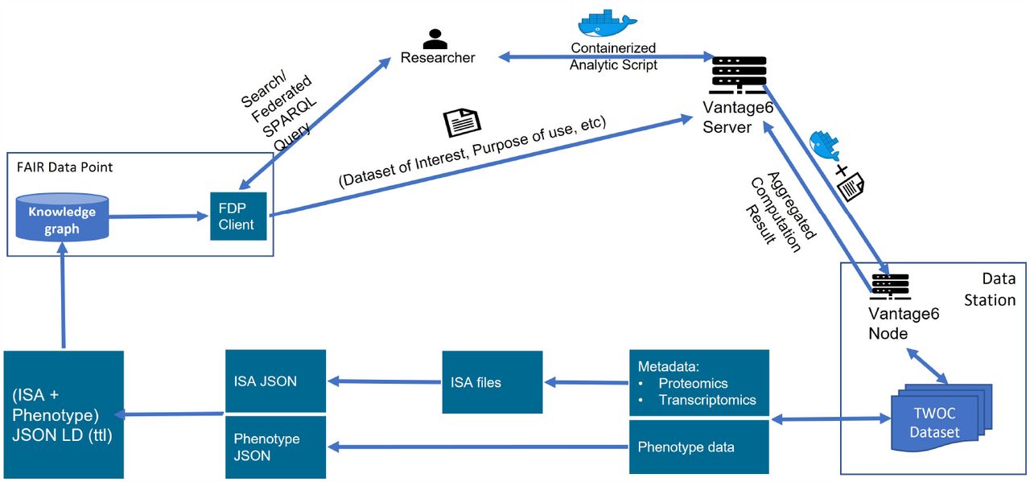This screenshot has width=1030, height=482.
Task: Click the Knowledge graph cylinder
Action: (x=62, y=217)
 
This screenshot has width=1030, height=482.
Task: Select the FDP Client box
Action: (x=238, y=216)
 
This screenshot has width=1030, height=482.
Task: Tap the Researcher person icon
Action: (x=435, y=39)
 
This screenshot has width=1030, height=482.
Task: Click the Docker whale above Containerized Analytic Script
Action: (x=607, y=23)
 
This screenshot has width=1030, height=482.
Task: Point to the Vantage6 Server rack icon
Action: (x=739, y=75)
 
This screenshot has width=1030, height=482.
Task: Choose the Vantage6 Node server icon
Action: (x=891, y=286)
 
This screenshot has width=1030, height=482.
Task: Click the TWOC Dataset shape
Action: (x=941, y=418)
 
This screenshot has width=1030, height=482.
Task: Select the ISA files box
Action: (x=492, y=382)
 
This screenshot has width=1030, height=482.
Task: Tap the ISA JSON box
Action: (x=275, y=381)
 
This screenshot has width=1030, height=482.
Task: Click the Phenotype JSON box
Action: (x=275, y=447)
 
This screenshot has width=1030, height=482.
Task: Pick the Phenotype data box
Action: (x=699, y=447)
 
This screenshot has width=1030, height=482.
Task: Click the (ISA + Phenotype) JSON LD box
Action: (x=64, y=414)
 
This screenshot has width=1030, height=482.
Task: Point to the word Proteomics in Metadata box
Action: (x=693, y=383)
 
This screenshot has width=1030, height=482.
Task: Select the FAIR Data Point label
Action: (x=64, y=167)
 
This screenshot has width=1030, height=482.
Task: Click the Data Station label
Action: (x=990, y=290)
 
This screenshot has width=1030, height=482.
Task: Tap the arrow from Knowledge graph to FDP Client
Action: (x=159, y=216)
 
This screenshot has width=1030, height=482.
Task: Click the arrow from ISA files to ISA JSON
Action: (x=384, y=381)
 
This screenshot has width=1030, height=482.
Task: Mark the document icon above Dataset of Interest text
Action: (x=462, y=122)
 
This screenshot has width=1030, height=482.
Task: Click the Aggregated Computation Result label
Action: (x=781, y=212)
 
